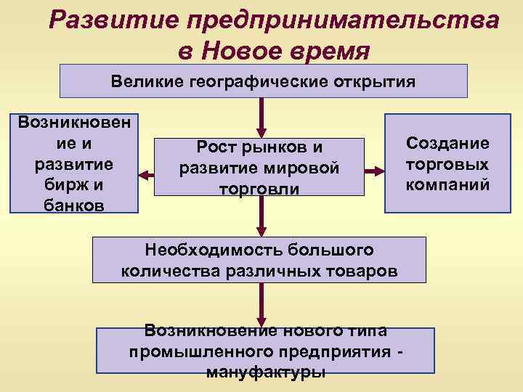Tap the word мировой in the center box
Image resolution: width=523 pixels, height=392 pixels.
pyautogui.click(x=304, y=168)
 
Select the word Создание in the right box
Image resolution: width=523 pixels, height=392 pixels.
pyautogui.click(x=447, y=143)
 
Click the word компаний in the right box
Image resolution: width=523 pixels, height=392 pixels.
pyautogui.click(x=447, y=184)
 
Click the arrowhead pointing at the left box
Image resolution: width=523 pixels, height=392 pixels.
pyautogui.click(x=144, y=174)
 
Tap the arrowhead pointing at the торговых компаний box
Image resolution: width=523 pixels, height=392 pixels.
pyautogui.click(x=378, y=171)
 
